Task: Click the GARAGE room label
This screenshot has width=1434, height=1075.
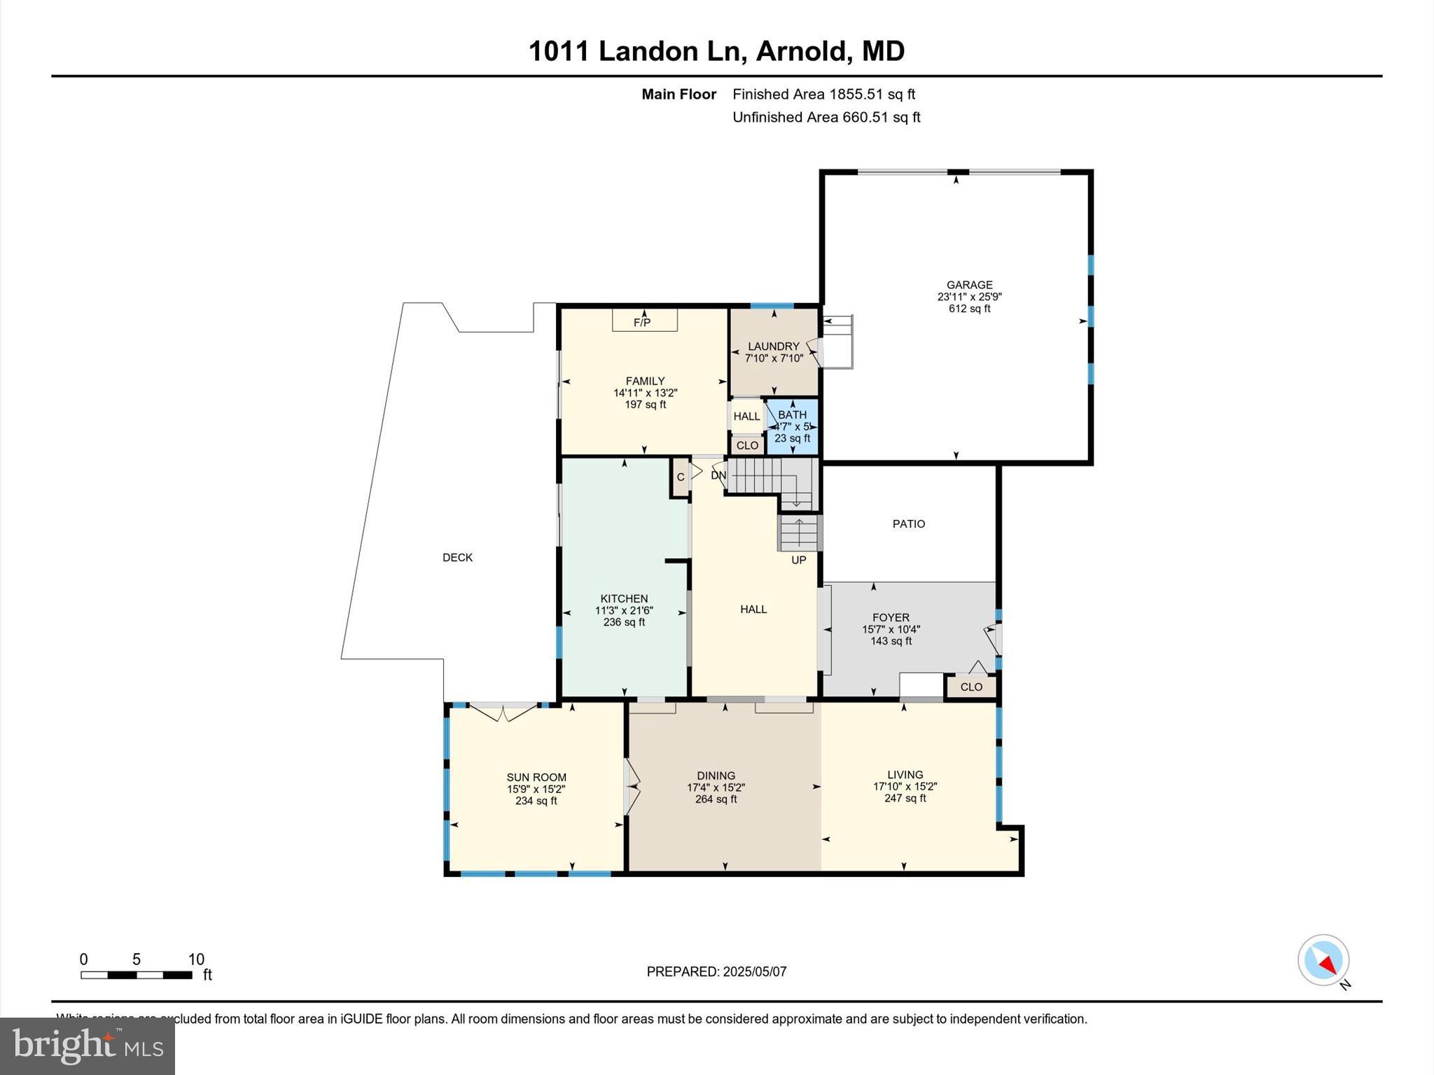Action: point(969,285)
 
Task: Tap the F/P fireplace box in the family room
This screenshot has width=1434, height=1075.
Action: point(644,321)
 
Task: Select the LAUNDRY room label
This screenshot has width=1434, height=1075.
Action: point(773,346)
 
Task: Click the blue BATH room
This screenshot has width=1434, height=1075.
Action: point(792,426)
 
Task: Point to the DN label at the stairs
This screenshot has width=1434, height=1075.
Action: point(718,475)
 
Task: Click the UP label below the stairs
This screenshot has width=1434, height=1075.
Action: point(798,560)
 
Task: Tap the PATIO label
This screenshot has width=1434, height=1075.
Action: point(908,524)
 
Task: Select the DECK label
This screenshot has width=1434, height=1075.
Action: point(457,557)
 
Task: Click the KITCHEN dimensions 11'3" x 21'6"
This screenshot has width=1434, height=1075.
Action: point(624,610)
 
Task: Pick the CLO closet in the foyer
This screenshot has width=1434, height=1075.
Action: point(970,687)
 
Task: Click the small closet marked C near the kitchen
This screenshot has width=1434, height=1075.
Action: point(680,477)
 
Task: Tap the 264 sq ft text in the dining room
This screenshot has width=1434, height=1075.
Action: point(716,799)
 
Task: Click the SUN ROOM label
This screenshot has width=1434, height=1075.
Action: point(536,777)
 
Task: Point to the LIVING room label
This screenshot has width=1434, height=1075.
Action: point(905,774)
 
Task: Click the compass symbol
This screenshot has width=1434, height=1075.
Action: point(1323,960)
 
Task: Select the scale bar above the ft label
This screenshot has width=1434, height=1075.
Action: point(136,975)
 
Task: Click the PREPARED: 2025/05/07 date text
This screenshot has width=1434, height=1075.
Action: point(716,971)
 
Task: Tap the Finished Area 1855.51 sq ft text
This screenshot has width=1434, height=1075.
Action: point(823,94)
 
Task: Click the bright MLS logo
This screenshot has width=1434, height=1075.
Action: point(88,1046)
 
